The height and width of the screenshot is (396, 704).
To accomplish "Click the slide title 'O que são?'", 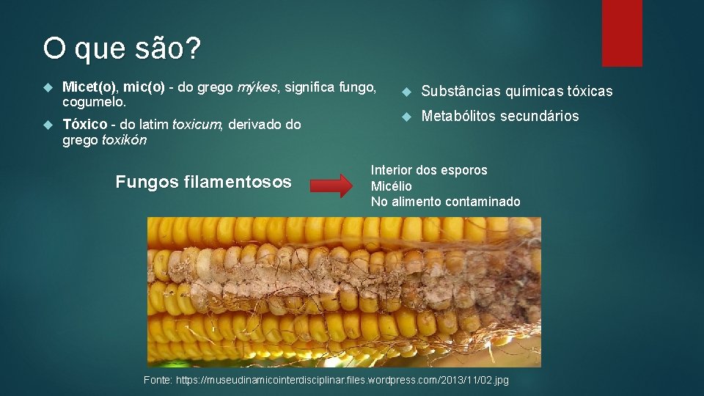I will coord(121,49).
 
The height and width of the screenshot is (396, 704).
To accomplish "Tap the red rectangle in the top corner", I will coord(621,33).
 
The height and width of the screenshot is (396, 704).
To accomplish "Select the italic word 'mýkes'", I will coord(257,88).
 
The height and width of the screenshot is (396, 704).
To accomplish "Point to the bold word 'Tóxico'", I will coord(84,125).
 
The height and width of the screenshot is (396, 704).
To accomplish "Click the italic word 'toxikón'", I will coord(124,140).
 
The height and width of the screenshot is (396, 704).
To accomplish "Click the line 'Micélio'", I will coord(392,186).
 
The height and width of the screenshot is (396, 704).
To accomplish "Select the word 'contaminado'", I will coord(485,202).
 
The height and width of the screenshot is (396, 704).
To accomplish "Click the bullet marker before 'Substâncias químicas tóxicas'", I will coord(402,92).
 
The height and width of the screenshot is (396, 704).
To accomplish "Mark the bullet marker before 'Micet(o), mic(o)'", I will coord(49,88).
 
